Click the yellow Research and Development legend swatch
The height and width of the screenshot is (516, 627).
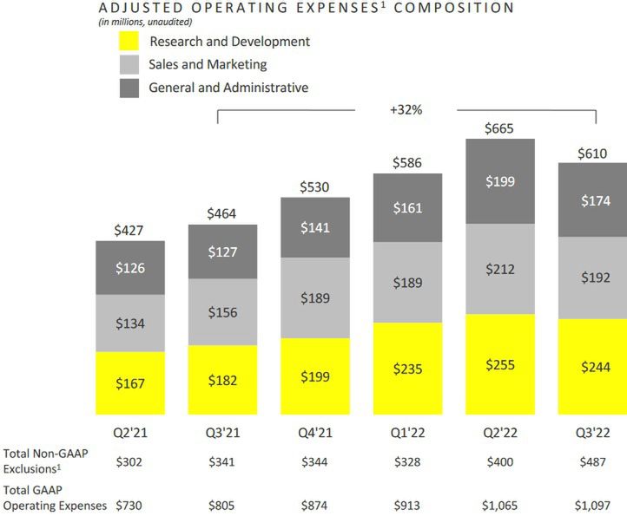pos(129,42)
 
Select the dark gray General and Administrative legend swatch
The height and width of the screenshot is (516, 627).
pos(129,88)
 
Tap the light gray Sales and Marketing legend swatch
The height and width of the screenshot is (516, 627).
pos(129,65)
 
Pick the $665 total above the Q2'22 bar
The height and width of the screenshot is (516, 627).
pos(500,128)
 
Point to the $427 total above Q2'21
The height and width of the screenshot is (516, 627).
pos(130,231)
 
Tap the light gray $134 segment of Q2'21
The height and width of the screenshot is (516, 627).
pos(130,323)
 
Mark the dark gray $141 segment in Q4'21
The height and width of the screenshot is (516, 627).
pos(315,227)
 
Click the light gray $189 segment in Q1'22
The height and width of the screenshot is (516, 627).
pos(407,283)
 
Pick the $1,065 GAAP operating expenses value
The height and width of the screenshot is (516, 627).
pos(500,505)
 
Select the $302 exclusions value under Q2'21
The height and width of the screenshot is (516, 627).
pos(130,460)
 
